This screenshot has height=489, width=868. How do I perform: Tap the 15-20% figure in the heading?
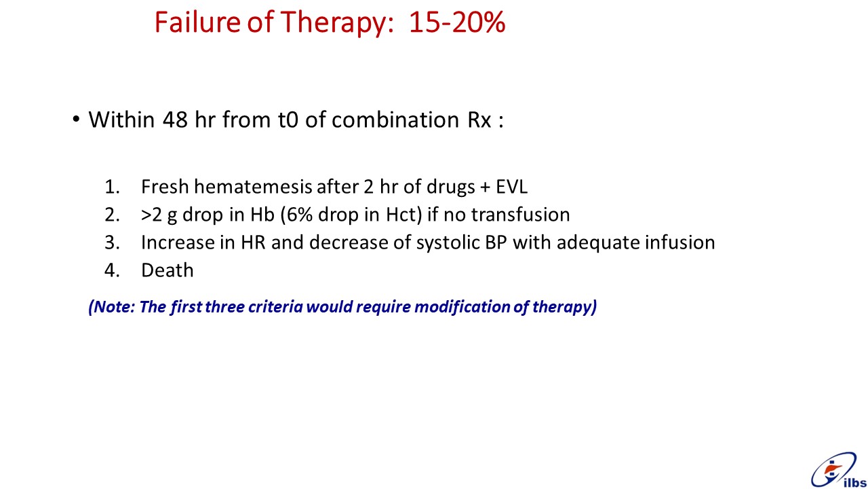pos(457,22)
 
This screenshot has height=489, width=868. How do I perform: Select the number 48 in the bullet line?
pos(175,120)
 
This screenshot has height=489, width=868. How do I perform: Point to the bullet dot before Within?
pos(76,119)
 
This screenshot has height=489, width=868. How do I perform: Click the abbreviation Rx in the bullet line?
pos(479,120)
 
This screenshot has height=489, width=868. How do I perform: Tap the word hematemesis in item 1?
pos(253,187)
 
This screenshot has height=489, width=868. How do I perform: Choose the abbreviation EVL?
pos(511,187)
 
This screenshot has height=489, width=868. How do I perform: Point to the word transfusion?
pos(520,215)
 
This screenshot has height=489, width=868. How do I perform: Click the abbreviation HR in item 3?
pos(253,242)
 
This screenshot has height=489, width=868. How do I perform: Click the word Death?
pos(167,270)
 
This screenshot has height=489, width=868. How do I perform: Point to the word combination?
pos(395,120)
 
